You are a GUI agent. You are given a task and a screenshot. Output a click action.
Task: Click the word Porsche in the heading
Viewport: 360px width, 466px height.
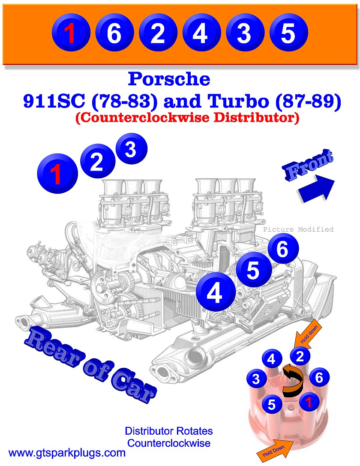click(169, 79)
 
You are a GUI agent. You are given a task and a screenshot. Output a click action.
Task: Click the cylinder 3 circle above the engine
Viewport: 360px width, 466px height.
click(131, 149)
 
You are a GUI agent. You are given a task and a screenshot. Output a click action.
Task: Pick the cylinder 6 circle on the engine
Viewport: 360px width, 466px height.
click(282, 250)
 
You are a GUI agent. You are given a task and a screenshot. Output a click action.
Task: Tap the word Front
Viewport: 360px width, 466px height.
click(308, 165)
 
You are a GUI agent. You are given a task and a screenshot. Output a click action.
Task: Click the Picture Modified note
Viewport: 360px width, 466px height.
click(298, 229)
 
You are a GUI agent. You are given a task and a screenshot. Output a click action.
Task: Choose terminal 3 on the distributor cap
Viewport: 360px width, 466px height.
click(256, 379)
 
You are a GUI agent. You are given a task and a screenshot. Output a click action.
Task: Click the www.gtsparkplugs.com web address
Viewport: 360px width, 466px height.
click(67, 453)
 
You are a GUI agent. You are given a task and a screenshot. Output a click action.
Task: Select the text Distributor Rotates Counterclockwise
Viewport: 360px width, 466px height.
click(168, 437)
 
